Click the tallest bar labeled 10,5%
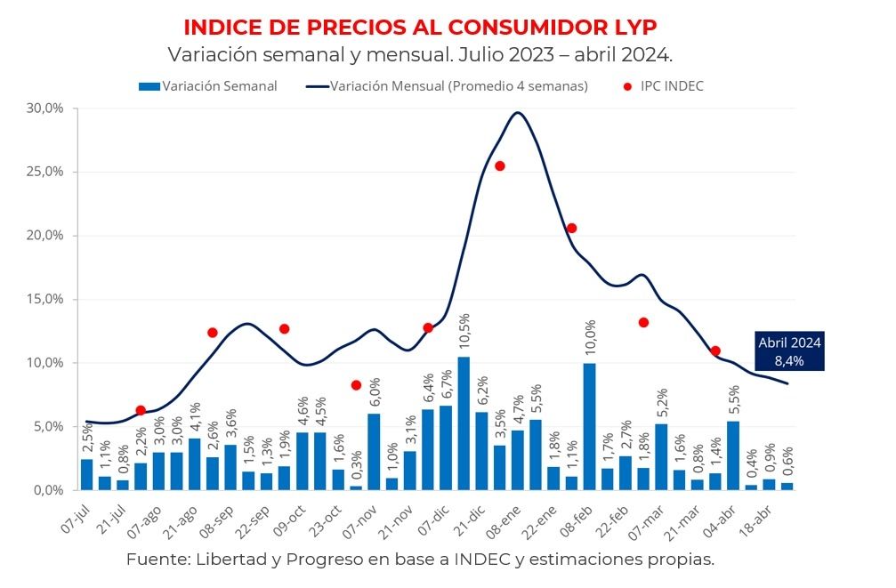464,423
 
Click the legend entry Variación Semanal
207,86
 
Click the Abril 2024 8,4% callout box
789,352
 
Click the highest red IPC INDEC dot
500,166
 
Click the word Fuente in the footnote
152,560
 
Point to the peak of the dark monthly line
518,112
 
